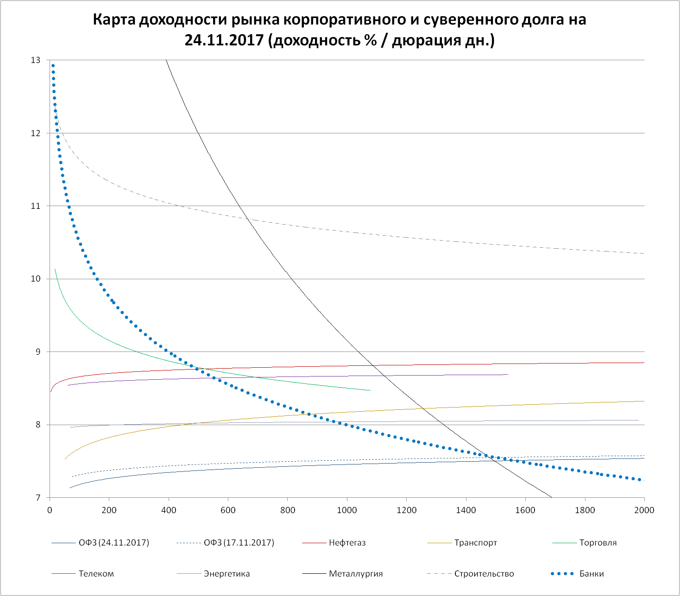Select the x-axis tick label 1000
tap(347, 510)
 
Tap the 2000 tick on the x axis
tap(644, 510)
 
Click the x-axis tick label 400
tap(169, 510)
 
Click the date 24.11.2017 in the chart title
tap(224, 40)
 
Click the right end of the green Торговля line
tap(370, 390)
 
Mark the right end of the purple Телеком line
tap(508, 374)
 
